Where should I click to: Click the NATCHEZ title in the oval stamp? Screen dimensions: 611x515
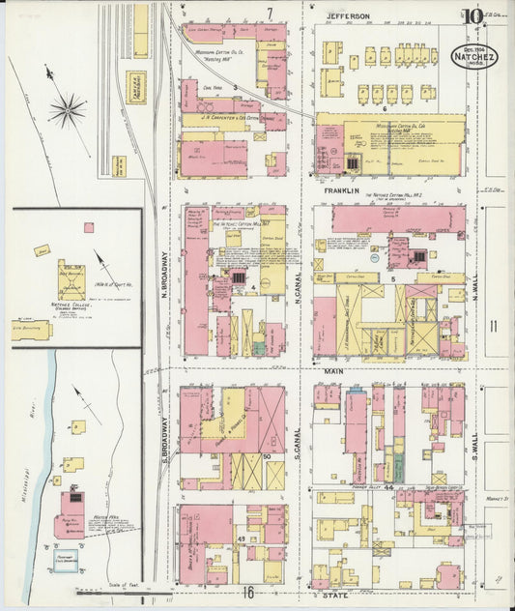click(470, 57)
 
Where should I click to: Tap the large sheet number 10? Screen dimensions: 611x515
click(472, 16)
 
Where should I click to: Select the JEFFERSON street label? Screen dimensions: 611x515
click(348, 16)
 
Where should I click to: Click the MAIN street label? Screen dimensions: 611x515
click(334, 370)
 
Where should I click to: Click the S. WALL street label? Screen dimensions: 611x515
click(474, 442)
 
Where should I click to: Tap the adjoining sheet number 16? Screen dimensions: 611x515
click(249, 593)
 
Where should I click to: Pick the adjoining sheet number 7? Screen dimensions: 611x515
click(271, 13)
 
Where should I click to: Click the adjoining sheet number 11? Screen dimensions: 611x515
click(493, 326)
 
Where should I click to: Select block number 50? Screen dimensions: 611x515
click(266, 455)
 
